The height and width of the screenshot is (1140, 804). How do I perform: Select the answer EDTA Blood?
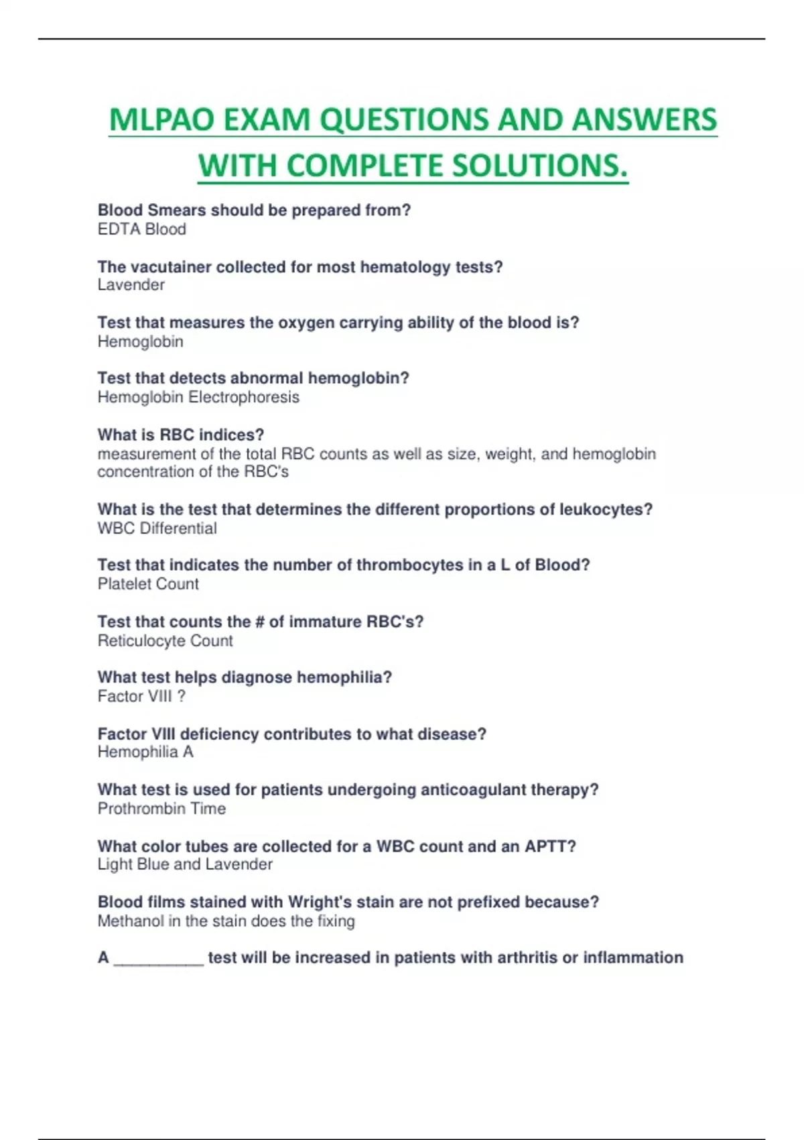point(142,229)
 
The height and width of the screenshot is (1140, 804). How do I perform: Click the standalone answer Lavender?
point(131,285)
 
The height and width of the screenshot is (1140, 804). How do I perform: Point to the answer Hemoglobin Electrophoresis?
point(198,397)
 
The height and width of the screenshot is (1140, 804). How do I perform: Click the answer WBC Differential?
point(157,528)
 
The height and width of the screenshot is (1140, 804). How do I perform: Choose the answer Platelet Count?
point(148,584)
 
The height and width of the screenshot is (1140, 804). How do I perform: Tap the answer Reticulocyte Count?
point(165,641)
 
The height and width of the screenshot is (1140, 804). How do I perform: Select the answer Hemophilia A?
point(145,752)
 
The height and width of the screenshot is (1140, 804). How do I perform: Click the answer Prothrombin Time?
point(161,809)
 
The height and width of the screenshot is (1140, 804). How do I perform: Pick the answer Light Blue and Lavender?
point(185,864)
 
